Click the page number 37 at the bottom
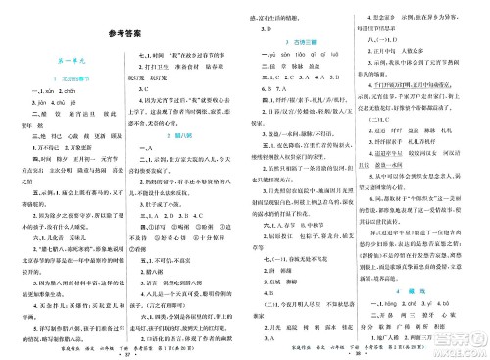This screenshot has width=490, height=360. tap(128, 351)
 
